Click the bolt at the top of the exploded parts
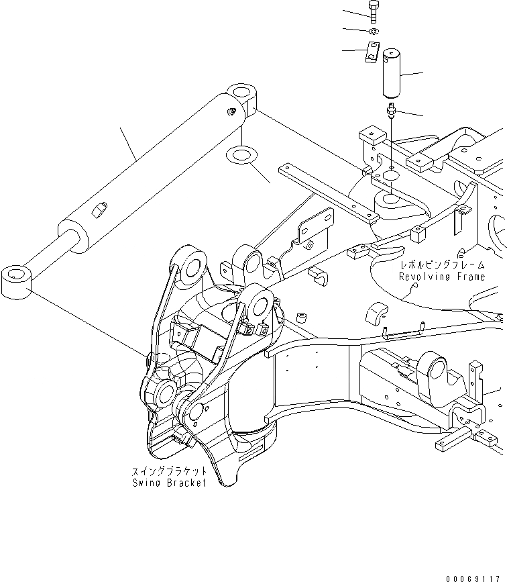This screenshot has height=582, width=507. tap(373, 12)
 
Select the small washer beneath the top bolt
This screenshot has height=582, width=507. tap(374, 31)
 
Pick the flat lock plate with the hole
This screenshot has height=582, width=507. tap(371, 52)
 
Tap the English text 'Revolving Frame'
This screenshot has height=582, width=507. tap(439, 277)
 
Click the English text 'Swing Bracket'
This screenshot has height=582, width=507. tap(169, 483)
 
